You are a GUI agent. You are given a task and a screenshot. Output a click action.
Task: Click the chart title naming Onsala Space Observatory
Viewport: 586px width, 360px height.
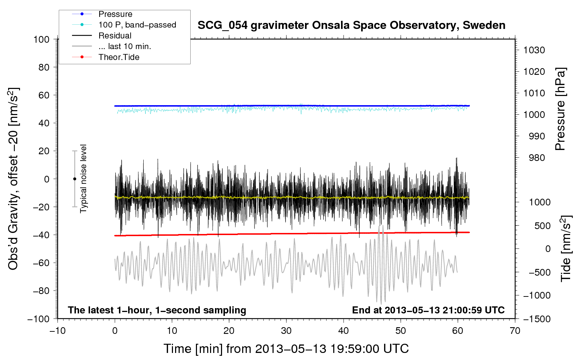click(351, 25)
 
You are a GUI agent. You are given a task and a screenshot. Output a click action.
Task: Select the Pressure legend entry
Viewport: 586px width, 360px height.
click(115, 14)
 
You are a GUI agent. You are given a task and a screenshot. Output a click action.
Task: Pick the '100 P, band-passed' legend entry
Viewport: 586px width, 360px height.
click(137, 25)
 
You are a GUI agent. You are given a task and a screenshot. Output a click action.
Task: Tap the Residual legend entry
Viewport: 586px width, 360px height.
click(115, 36)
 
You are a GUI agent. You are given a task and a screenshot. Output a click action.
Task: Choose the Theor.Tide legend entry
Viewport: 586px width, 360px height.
click(119, 57)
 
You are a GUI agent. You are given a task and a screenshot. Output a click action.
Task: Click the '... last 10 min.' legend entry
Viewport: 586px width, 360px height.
click(125, 46)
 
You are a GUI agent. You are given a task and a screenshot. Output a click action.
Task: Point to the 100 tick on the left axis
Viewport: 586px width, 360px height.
click(42, 39)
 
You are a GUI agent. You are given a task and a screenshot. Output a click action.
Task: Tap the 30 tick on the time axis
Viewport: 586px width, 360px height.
click(286, 331)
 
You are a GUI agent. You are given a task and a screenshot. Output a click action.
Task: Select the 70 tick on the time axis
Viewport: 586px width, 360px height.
click(515, 331)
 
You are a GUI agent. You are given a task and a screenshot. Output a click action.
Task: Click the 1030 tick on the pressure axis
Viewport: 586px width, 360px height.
click(534, 50)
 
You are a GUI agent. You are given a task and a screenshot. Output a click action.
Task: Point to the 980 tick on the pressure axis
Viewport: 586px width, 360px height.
click(537, 158)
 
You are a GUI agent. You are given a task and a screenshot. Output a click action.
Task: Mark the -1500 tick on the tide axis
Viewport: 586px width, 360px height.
click(537, 319)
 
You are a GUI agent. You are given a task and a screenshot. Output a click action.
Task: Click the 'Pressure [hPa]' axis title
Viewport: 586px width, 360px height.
click(560, 109)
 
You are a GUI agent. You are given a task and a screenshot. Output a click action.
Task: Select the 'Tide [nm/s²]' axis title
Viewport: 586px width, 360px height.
click(566, 248)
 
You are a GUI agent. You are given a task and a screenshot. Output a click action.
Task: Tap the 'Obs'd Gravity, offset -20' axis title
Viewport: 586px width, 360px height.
click(13, 179)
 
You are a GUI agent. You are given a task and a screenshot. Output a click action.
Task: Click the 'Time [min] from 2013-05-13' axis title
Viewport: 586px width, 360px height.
click(286, 349)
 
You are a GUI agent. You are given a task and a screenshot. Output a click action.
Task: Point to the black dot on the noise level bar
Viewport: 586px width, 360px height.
click(74, 179)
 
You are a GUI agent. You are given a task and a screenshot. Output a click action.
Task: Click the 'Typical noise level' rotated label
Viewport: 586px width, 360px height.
click(83, 179)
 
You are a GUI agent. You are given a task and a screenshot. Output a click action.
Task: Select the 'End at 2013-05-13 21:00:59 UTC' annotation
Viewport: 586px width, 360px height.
click(428, 310)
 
